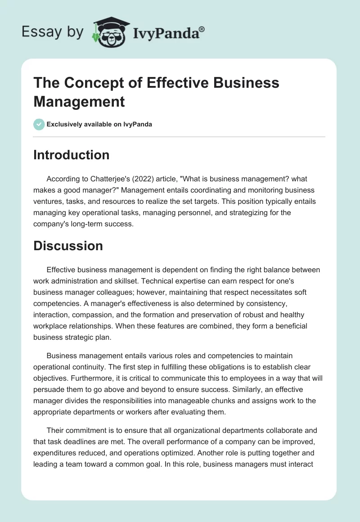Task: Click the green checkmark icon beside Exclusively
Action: [39, 124]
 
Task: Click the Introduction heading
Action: [72, 155]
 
